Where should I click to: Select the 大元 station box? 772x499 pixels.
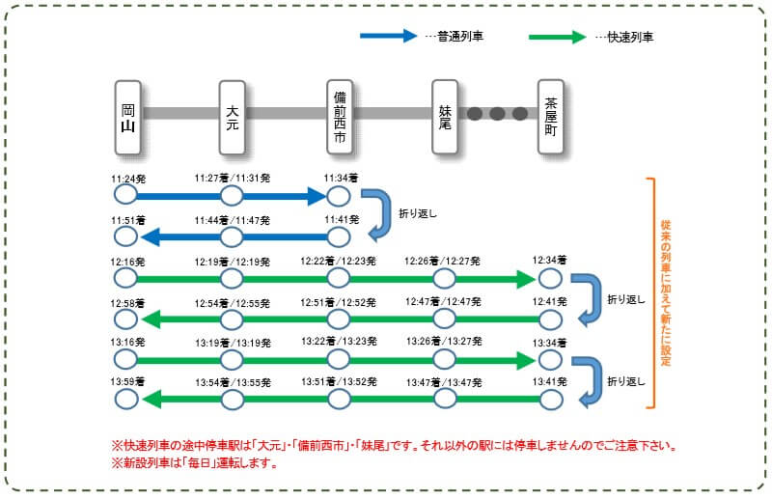pyautogui.click(x=232, y=115)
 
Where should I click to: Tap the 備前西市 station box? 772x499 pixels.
pyautogui.click(x=338, y=115)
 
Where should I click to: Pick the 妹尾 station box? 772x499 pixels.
pyautogui.click(x=444, y=115)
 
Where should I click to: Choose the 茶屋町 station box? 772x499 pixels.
pyautogui.click(x=550, y=115)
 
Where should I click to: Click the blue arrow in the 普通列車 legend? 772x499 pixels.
pyautogui.click(x=390, y=37)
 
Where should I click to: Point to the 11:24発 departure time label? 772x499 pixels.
pyautogui.click(x=127, y=179)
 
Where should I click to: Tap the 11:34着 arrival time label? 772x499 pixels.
pyautogui.click(x=341, y=179)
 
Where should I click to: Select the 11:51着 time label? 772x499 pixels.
pyautogui.click(x=127, y=220)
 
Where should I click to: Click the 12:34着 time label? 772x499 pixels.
pyautogui.click(x=549, y=261)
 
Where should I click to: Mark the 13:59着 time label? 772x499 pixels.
pyautogui.click(x=127, y=383)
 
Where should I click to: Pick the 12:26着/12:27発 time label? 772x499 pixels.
pyautogui.click(x=443, y=261)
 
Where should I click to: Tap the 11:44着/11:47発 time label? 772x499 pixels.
pyautogui.click(x=232, y=220)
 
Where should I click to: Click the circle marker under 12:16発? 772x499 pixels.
pyautogui.click(x=125, y=279)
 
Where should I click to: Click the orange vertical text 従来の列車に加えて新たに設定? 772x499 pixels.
pyautogui.click(x=666, y=291)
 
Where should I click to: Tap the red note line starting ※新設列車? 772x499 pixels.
pyautogui.click(x=194, y=463)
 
